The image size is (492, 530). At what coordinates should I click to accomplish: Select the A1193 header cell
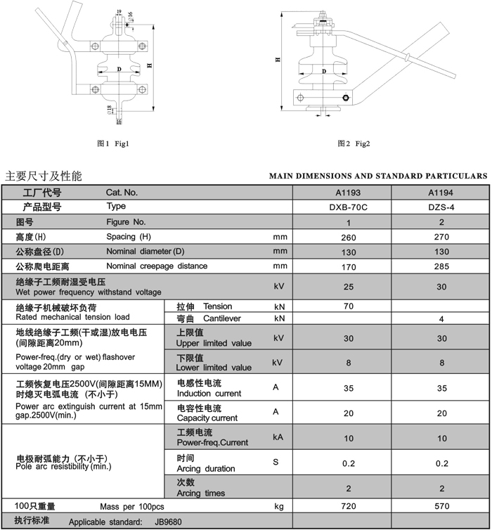point(348,192)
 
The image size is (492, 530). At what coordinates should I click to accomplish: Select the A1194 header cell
point(441,192)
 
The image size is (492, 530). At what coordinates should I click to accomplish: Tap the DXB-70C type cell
point(348,207)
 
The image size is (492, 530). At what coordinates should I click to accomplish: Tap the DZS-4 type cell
point(441,207)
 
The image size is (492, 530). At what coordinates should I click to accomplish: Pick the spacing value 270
point(441,238)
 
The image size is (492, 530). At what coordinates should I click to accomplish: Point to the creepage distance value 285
point(441,267)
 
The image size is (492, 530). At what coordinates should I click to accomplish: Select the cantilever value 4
point(441,319)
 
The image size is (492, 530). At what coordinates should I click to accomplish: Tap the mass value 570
point(441,506)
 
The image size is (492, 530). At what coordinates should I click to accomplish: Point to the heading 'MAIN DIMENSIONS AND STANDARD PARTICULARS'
point(378,176)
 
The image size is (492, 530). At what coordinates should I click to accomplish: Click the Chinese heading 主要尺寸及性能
point(44,176)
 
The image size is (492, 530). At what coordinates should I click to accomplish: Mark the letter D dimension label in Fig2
point(324,71)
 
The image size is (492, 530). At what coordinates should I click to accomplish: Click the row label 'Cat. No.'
point(122,192)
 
